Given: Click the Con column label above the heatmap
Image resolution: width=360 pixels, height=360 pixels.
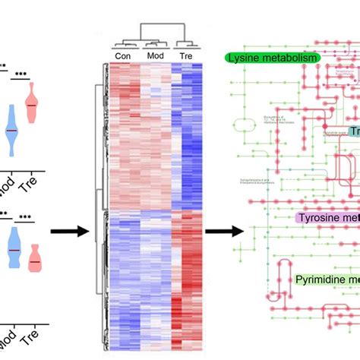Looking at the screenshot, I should (x=122, y=56).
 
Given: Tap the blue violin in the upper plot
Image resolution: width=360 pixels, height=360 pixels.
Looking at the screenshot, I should (x=11, y=130).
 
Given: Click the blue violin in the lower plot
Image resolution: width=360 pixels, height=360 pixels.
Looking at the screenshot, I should (x=12, y=247).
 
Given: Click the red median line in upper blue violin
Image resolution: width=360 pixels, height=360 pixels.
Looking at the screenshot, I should (x=11, y=131).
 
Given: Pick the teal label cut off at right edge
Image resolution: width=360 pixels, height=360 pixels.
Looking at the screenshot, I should (x=353, y=131).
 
